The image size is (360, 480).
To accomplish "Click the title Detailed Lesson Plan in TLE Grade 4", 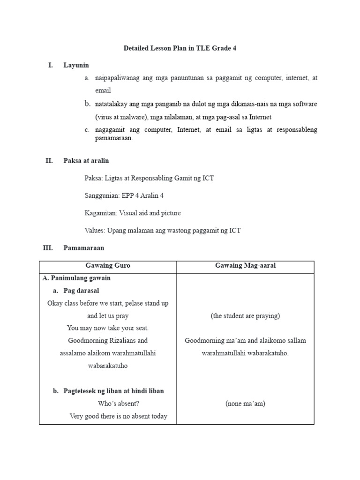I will [x=180, y=48].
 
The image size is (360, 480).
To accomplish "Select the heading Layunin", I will [x=76, y=65].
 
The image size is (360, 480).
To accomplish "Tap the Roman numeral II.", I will [x=49, y=161].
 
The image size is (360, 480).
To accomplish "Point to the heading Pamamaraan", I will [x=83, y=247].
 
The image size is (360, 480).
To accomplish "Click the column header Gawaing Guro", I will [x=108, y=266].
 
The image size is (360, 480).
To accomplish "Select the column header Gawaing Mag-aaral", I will [x=245, y=266].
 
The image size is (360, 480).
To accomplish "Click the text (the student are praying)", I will [x=245, y=316].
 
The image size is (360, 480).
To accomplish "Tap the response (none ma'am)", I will [x=245, y=404].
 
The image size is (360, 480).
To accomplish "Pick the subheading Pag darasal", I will [x=81, y=291].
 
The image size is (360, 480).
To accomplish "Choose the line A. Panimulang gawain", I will [x=76, y=278].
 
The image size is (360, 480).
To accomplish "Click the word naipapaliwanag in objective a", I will [x=117, y=78].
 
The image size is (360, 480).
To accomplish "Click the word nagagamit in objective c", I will [x=110, y=129].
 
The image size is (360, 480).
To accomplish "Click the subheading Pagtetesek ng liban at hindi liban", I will [x=113, y=391].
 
